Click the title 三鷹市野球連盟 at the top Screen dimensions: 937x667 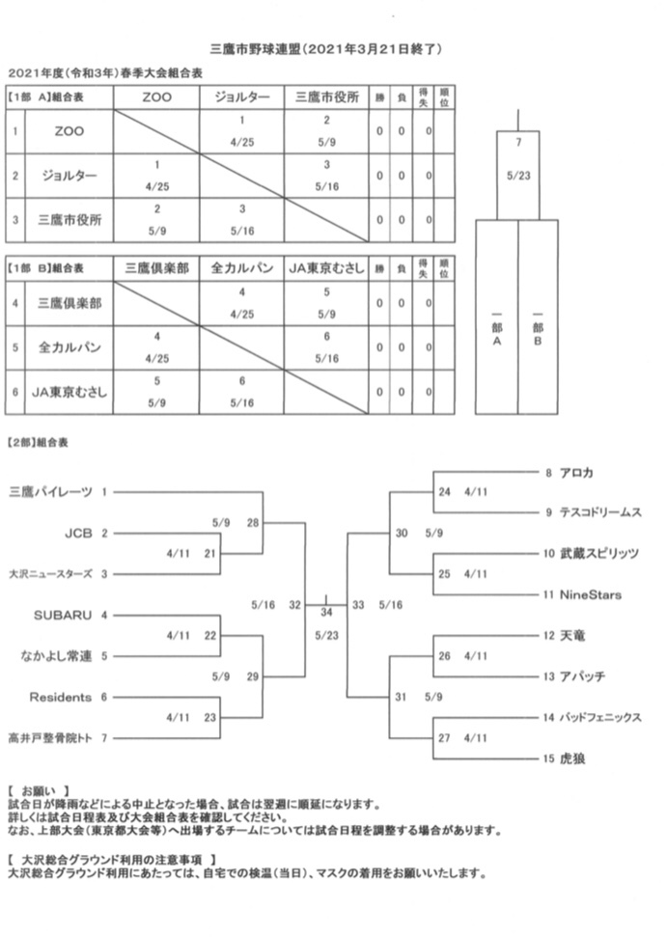(x=257, y=47)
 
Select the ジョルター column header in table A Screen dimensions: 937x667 (x=242, y=97)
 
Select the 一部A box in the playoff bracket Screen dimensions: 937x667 (x=496, y=328)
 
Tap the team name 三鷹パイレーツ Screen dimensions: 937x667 (x=51, y=492)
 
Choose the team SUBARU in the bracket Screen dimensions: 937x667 (x=63, y=615)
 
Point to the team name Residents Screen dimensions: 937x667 (x=61, y=697)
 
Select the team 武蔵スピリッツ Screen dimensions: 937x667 (x=598, y=554)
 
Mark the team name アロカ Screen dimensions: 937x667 (x=576, y=472)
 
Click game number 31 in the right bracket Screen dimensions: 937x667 (x=403, y=697)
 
